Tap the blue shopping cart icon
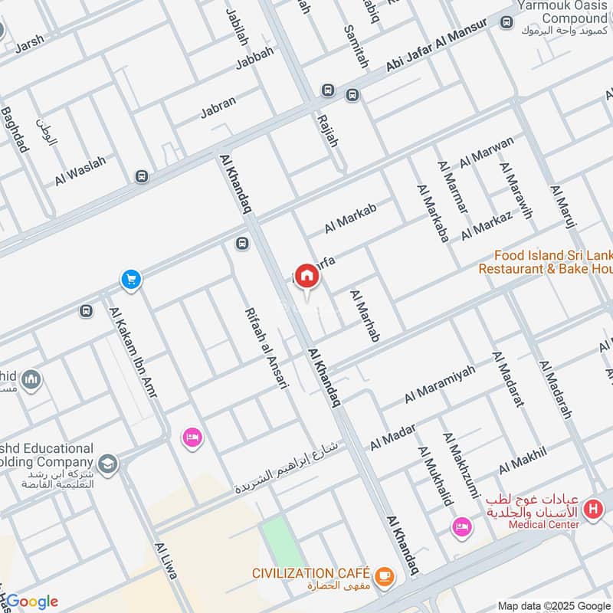click(x=131, y=280)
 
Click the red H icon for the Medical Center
click(x=592, y=508)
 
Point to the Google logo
click(x=31, y=602)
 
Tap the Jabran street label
click(x=218, y=107)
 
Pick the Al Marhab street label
click(x=365, y=316)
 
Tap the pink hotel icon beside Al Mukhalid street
click(x=461, y=526)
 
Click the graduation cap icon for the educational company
click(x=107, y=463)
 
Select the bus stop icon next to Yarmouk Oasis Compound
click(x=506, y=23)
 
